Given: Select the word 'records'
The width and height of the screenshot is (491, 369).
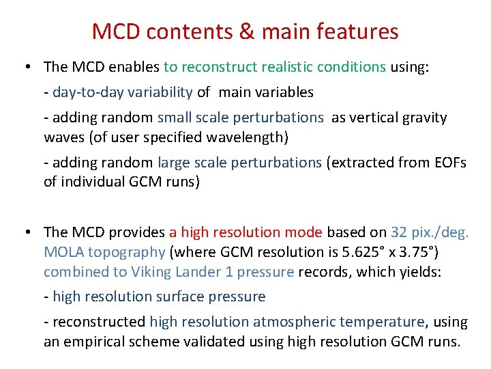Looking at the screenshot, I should tap(321, 271).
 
